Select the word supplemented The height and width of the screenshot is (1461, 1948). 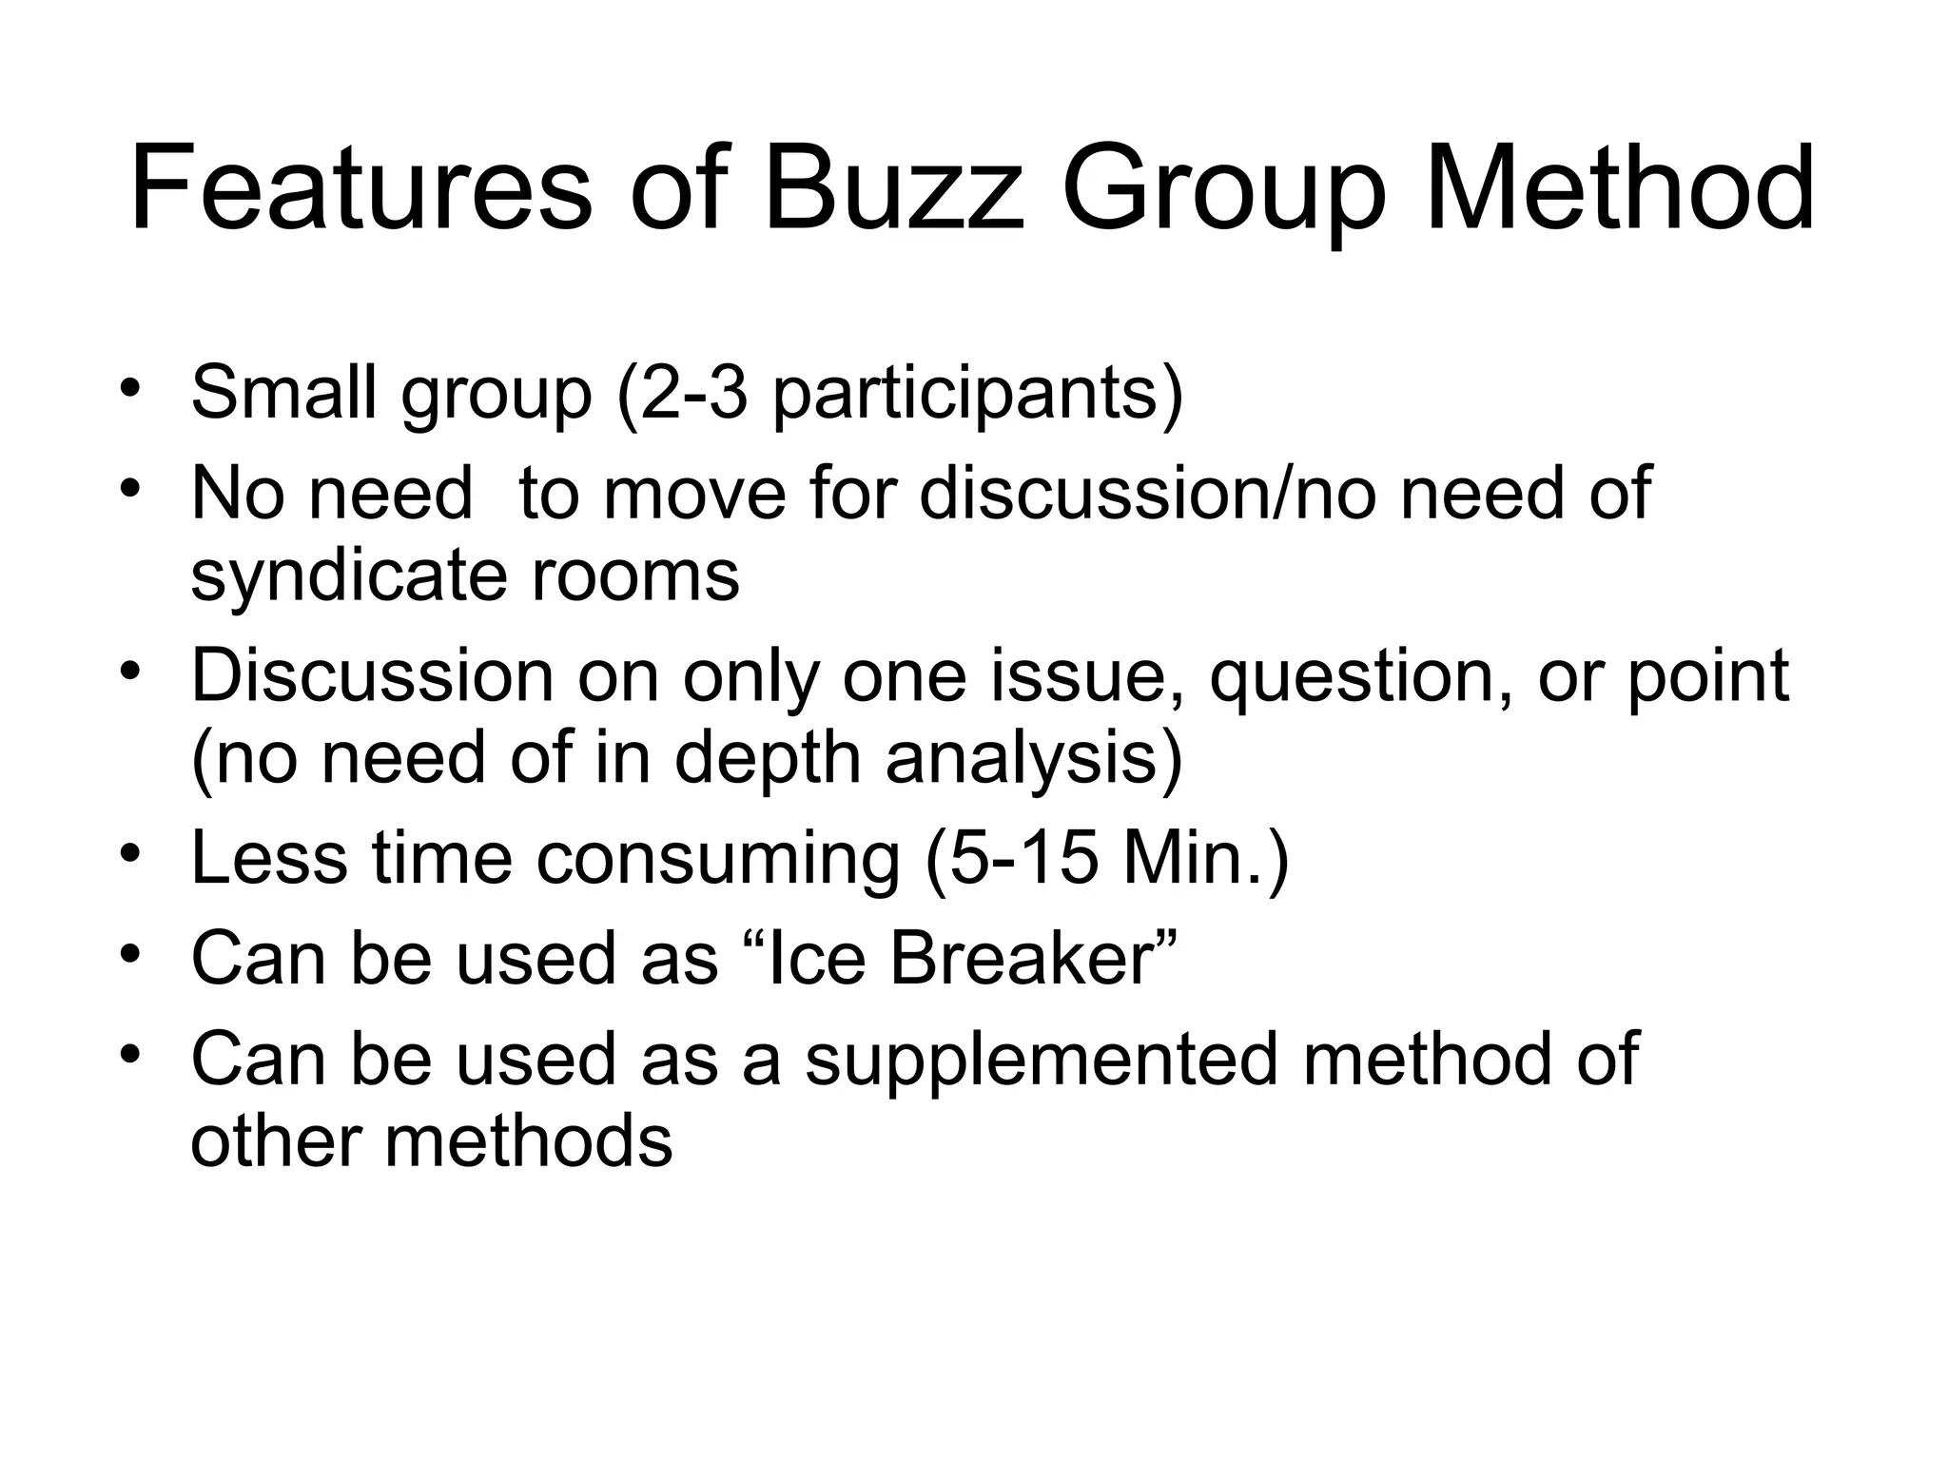coord(1041,1061)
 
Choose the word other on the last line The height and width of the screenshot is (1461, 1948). coord(275,1140)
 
